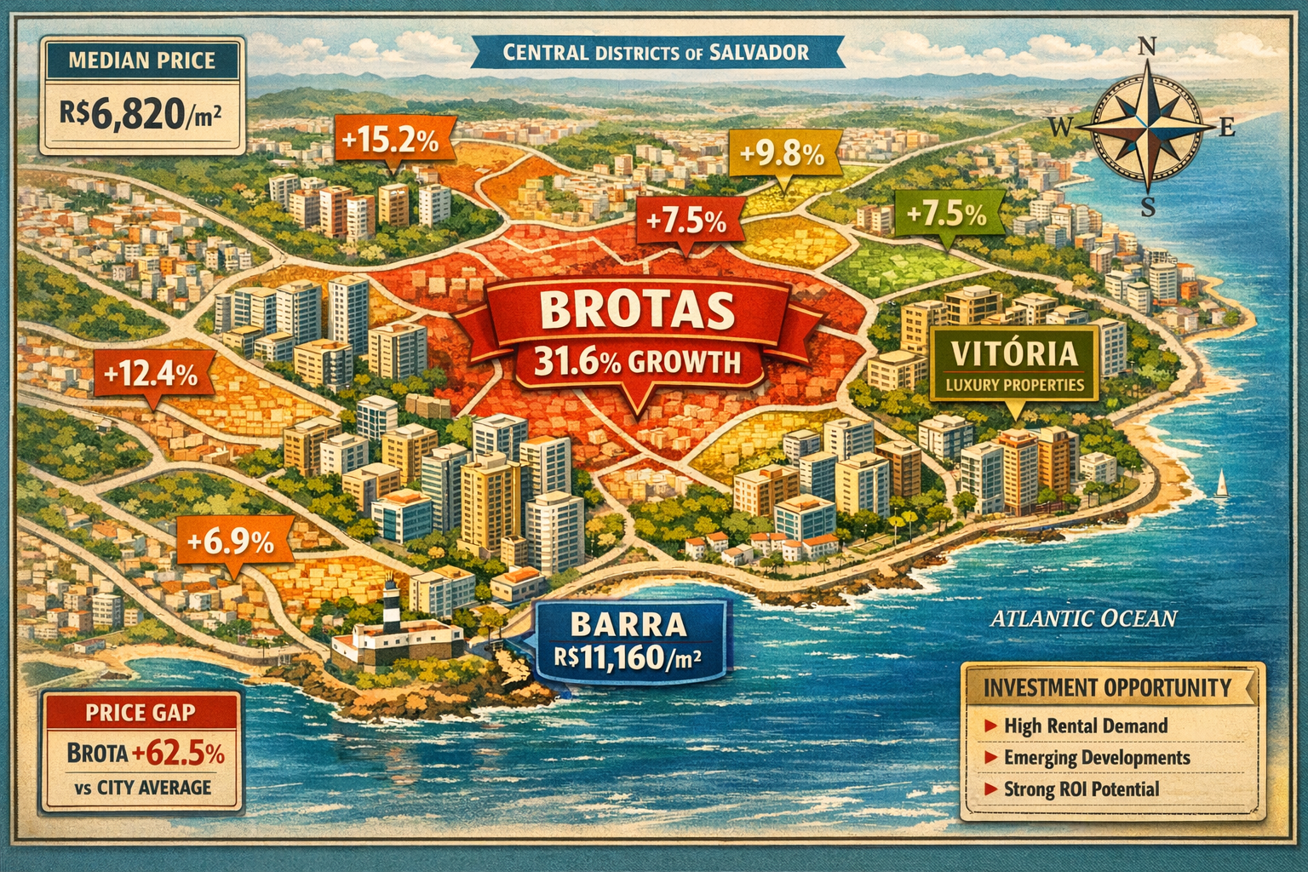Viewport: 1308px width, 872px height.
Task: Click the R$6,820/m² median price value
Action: (141, 114)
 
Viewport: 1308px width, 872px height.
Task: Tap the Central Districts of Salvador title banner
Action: (656, 53)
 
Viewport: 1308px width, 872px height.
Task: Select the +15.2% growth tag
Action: (391, 141)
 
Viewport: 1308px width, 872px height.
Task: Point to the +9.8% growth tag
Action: (782, 154)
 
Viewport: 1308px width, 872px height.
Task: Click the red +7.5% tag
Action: (686, 221)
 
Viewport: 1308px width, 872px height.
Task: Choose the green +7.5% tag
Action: (946, 214)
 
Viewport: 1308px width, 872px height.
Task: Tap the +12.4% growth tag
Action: (150, 373)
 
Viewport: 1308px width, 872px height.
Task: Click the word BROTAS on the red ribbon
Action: (636, 311)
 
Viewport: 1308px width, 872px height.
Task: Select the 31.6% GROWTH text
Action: (637, 363)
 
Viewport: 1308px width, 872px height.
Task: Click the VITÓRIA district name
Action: (1013, 353)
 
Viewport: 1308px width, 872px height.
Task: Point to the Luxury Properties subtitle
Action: (1014, 385)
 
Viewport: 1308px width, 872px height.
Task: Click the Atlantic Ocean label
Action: (1083, 618)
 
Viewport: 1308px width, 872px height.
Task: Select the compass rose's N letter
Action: (1147, 47)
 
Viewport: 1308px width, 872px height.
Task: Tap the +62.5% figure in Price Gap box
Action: (178, 754)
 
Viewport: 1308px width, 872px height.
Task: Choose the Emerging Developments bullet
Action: (1097, 757)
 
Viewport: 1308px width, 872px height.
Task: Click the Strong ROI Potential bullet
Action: (1081, 789)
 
